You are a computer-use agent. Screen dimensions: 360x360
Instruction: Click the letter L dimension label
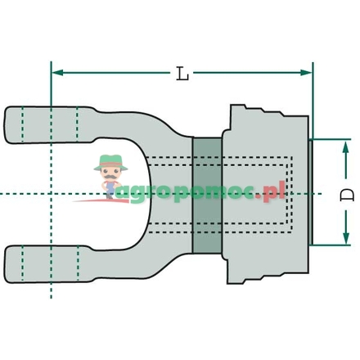pos(182,74)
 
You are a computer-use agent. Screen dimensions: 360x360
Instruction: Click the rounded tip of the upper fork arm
pos(11,121)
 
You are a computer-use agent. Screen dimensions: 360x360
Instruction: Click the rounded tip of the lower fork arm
pos(11,263)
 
